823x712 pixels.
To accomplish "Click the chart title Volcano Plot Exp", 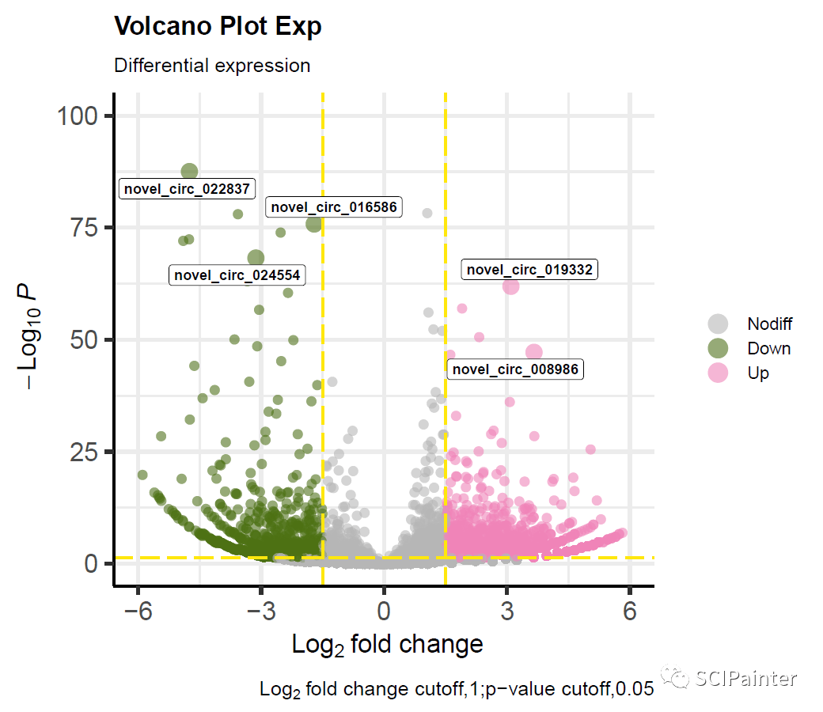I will click(x=218, y=27).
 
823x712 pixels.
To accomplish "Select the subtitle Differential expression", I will click(x=212, y=65).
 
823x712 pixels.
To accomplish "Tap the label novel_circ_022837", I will click(x=187, y=189).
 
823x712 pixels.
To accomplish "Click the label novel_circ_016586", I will click(x=334, y=207).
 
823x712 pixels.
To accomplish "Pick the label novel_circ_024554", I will click(x=237, y=275).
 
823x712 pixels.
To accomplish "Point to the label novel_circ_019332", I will click(x=529, y=270).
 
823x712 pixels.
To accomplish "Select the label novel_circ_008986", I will click(x=514, y=369).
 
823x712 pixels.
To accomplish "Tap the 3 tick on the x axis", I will click(x=506, y=612).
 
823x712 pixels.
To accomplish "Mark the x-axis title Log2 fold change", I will click(x=387, y=645).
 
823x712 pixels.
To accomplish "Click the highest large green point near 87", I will click(x=189, y=172).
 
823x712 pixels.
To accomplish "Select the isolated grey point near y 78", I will click(x=427, y=213).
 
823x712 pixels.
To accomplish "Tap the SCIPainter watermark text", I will click(x=745, y=678).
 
